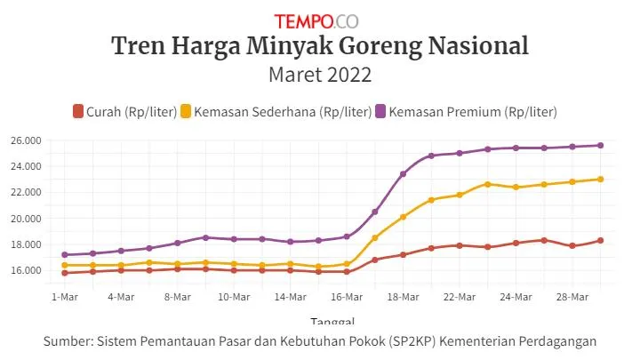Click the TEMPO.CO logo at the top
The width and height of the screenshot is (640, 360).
pyautogui.click(x=316, y=20)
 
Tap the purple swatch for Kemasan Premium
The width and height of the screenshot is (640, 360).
pyautogui.click(x=381, y=111)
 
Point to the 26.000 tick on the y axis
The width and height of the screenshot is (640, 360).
pyautogui.click(x=27, y=140)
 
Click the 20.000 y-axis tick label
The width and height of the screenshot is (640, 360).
pyautogui.click(x=27, y=219)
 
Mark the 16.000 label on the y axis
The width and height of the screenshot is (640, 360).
pyautogui.click(x=27, y=270)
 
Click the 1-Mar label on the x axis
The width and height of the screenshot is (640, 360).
pyautogui.click(x=65, y=296)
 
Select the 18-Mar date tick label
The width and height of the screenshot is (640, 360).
pyautogui.click(x=403, y=296)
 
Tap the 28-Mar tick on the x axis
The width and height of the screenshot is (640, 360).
pyautogui.click(x=572, y=296)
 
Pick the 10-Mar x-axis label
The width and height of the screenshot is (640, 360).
pyautogui.click(x=234, y=296)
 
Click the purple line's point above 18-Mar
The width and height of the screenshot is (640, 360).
pyautogui.click(x=403, y=174)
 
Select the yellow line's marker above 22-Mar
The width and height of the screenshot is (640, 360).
pyautogui.click(x=460, y=195)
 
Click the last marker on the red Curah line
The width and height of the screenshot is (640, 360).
pyautogui.click(x=600, y=241)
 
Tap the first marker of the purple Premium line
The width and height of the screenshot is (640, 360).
pyautogui.click(x=65, y=255)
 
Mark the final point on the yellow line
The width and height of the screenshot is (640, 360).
pyautogui.click(x=600, y=179)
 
